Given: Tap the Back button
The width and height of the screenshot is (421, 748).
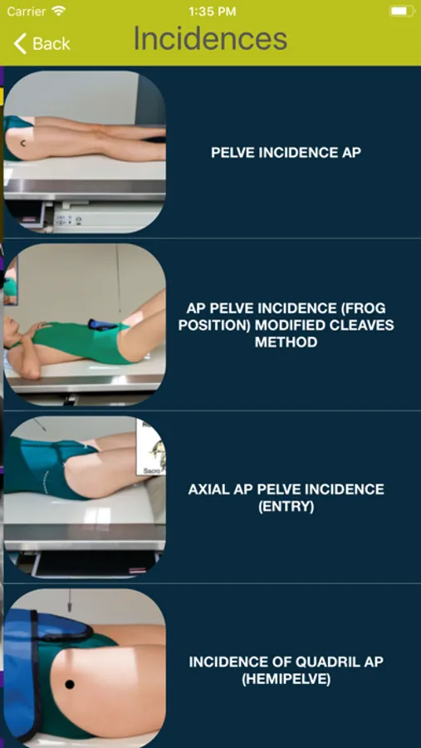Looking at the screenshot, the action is (42, 43).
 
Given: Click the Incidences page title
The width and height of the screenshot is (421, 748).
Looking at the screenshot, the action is (210, 38).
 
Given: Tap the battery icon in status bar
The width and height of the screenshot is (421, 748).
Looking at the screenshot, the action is (402, 11).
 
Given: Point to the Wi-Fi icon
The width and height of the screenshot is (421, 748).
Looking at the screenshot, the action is (59, 11).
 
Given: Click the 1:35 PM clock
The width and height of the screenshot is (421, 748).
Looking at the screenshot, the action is (213, 12).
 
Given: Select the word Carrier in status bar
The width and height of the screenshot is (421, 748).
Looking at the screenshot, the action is (26, 12).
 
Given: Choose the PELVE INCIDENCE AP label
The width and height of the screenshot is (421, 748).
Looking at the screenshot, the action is (286, 153).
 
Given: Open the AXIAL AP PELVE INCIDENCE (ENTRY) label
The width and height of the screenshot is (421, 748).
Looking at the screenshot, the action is (286, 498).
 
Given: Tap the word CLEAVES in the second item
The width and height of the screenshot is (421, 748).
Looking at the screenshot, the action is (363, 325).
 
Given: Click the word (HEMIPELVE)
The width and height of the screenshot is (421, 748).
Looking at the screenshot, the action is (286, 679).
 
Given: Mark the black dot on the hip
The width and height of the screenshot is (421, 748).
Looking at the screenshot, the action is (70, 685).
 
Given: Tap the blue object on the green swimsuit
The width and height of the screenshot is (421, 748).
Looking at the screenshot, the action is (102, 325).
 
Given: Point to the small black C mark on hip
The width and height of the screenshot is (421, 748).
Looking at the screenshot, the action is (24, 143).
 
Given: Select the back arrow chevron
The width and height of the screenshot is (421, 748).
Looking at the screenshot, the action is (20, 43).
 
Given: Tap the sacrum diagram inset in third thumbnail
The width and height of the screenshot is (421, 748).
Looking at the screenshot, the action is (151, 447).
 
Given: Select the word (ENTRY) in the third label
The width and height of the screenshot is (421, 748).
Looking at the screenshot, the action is (286, 506).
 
